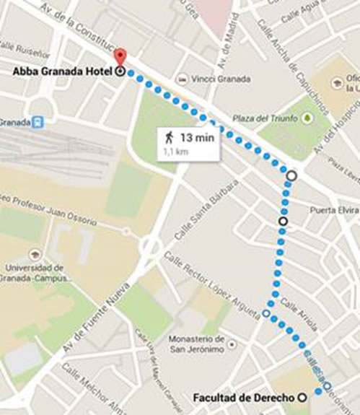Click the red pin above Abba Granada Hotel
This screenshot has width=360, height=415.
[x=120, y=58]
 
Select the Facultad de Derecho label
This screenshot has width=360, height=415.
[x=245, y=396]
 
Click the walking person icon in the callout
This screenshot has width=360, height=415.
[x=169, y=136]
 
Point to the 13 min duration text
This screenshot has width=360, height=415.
[x=197, y=136]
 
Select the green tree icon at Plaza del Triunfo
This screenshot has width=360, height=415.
[x=307, y=117]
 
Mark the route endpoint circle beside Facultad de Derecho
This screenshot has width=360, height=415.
[x=302, y=396]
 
